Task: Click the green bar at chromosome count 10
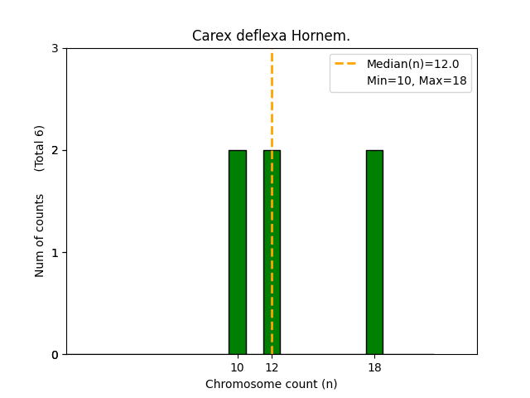(238, 252)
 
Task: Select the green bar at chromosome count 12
(272, 252)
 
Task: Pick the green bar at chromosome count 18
(374, 252)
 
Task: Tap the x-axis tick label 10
(238, 367)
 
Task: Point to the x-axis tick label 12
(272, 367)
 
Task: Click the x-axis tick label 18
(374, 367)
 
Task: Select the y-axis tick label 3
(55, 48)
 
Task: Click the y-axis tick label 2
(55, 150)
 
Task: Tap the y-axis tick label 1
(55, 252)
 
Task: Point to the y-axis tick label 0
(55, 355)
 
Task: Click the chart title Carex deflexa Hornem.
(271, 36)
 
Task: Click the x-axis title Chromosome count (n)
(271, 384)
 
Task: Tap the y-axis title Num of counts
(40, 235)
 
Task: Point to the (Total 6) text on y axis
(40, 148)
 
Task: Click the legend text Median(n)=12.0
(407, 64)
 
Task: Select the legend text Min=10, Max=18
(417, 80)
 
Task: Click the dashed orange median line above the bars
(272, 99)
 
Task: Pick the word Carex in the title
(210, 36)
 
